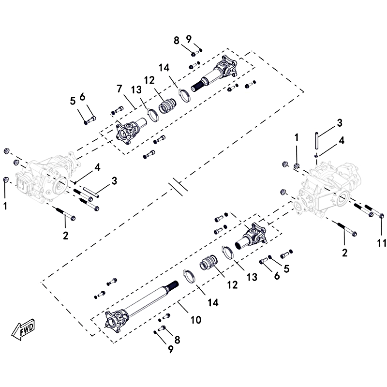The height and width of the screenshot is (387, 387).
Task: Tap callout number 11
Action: pyautogui.click(x=382, y=242)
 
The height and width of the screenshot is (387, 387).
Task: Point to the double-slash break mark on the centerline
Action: pyautogui.click(x=177, y=186)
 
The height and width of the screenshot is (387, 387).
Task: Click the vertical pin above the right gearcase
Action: pyautogui.click(x=315, y=140)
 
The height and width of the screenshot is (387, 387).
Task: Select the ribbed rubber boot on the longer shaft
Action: pyautogui.click(x=209, y=265)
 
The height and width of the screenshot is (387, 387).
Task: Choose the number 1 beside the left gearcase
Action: pyautogui.click(x=5, y=206)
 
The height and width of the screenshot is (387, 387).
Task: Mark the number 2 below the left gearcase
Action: pyautogui.click(x=65, y=236)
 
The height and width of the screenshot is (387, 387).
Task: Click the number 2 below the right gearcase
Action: pyautogui.click(x=344, y=252)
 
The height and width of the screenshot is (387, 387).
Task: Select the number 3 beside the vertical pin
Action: pyautogui.click(x=340, y=121)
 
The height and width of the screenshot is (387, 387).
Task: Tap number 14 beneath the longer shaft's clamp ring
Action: pyautogui.click(x=212, y=302)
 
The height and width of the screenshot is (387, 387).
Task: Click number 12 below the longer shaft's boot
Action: pyautogui.click(x=233, y=285)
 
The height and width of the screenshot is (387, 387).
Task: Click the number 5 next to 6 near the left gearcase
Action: pyautogui.click(x=73, y=101)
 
